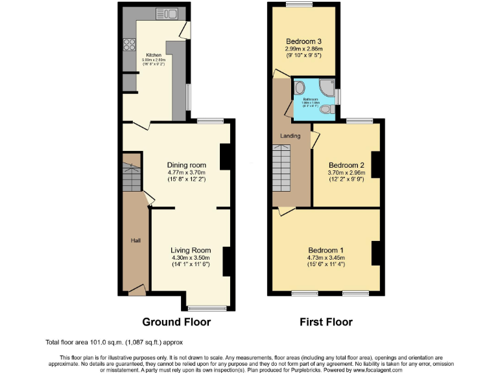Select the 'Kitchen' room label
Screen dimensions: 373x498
coord(153,55)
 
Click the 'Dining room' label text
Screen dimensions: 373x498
coord(186,164)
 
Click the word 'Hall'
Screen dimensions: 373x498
coord(136,240)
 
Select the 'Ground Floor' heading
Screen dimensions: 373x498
coord(176,322)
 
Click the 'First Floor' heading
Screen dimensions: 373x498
coord(326,322)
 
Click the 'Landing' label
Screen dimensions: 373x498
coord(289,135)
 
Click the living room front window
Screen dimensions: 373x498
coord(207,308)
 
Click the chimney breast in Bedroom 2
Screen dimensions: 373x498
coord(375,163)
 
